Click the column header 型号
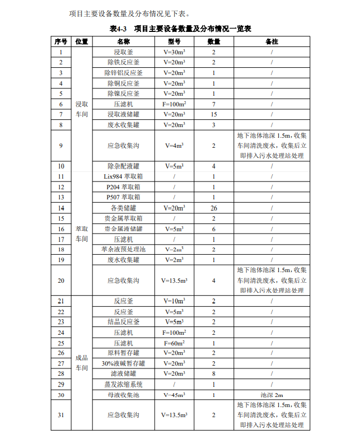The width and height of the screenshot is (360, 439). [x=174, y=42]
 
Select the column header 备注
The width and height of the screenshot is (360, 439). [x=272, y=42]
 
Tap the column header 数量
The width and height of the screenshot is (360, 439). [x=214, y=42]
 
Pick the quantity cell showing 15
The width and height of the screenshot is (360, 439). [x=214, y=114]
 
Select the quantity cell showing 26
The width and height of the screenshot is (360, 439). [x=214, y=208]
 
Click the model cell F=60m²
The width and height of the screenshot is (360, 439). [x=174, y=343]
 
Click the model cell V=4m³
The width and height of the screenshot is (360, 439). [x=174, y=146]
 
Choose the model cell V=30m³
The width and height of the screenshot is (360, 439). [x=174, y=52]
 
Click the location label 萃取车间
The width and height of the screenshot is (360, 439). [x=82, y=233]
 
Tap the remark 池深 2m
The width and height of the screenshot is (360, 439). [x=272, y=395]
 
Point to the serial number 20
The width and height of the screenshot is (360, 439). [x=61, y=281]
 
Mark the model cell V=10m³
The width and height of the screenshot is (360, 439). [x=174, y=301]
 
